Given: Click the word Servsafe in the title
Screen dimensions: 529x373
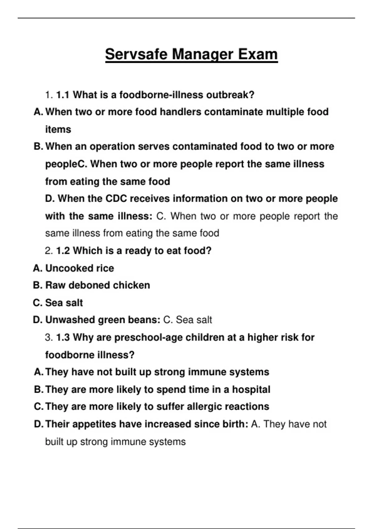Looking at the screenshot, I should coord(136,54).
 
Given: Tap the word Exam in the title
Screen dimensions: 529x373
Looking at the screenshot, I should coord(258,54).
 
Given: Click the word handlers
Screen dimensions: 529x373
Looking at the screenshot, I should coord(181,112).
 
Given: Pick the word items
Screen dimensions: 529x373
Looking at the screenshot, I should coord(58,129).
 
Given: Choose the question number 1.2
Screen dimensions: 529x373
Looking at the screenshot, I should coord(63,250).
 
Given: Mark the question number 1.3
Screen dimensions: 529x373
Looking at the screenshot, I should coord(63,337).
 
